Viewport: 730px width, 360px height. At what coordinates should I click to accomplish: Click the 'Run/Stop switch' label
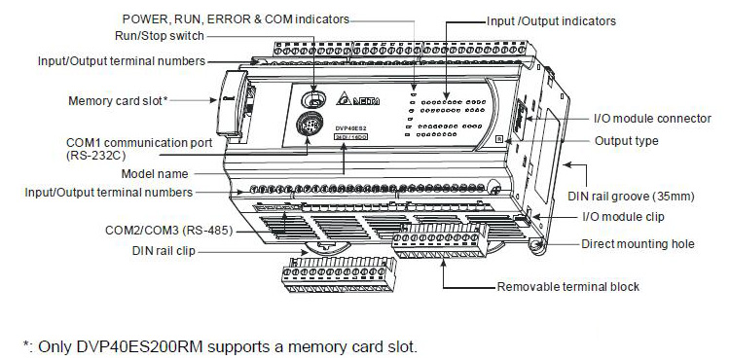tap(160, 36)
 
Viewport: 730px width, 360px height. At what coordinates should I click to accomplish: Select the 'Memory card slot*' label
tap(118, 101)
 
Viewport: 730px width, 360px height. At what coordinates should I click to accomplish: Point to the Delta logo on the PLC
tap(357, 99)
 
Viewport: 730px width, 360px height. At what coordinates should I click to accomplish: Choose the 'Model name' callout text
tap(155, 174)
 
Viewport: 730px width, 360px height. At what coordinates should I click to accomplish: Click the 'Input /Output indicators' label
tap(551, 21)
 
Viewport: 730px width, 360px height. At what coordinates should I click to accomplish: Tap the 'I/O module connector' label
tap(652, 119)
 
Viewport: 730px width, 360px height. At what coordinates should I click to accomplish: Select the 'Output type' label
tap(627, 141)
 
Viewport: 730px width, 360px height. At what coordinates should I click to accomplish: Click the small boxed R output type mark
tap(499, 138)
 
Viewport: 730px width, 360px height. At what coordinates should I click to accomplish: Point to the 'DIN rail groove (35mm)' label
tap(631, 197)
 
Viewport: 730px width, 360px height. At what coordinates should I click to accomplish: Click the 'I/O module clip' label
tap(623, 217)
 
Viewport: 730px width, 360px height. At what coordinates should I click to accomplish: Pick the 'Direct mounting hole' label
tap(638, 243)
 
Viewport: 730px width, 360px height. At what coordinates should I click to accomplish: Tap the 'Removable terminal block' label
tap(568, 286)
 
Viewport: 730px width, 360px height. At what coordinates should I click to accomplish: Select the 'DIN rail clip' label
tap(164, 251)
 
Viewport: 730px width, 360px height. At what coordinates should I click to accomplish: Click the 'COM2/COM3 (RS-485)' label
tap(169, 230)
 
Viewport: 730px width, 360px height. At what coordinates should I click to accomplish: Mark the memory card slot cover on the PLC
tap(231, 103)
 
